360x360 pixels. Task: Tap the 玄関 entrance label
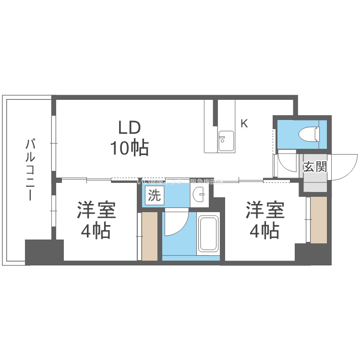[x=315, y=167]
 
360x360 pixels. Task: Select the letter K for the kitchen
[x=244, y=124]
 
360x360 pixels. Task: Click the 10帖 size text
[x=129, y=148]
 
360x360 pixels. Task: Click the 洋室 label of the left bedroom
[x=96, y=212]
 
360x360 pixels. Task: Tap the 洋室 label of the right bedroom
[x=265, y=212]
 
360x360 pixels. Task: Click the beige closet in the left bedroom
[x=149, y=236]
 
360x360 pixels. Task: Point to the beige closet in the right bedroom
[x=318, y=220]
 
